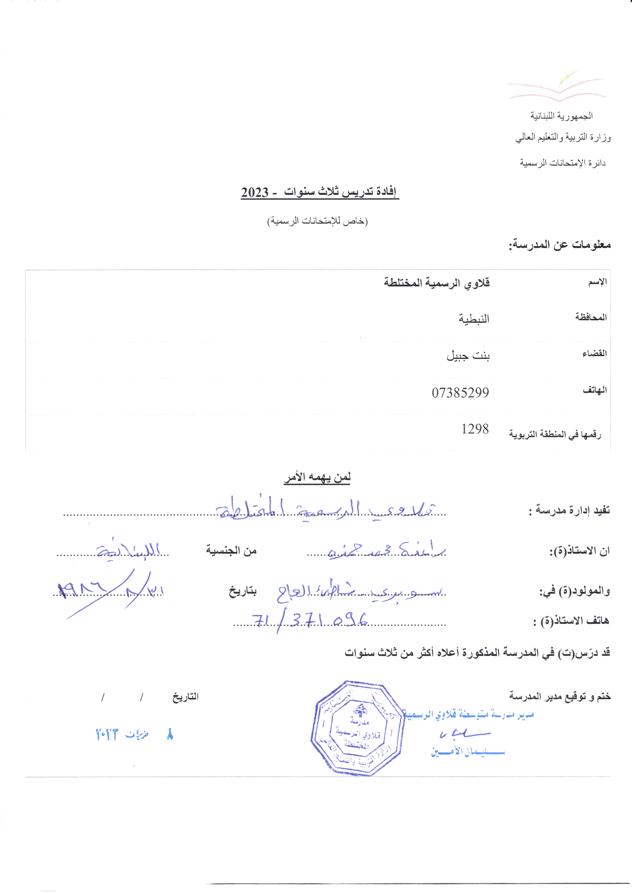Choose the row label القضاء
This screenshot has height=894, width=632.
[x=594, y=354]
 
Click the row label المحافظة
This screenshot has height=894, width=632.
[x=591, y=317]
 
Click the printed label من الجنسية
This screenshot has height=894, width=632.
[x=231, y=551]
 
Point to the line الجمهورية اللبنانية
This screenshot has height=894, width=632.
[x=562, y=116]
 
